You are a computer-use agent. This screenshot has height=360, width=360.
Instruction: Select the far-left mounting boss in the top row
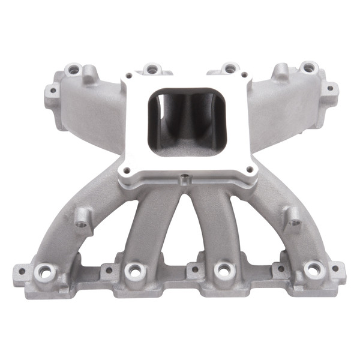pyautogui.click(x=74, y=70)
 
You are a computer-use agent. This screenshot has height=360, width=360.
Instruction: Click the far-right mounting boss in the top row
pyautogui.click(x=308, y=67)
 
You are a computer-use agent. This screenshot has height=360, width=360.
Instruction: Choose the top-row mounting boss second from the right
pyautogui.click(x=229, y=68)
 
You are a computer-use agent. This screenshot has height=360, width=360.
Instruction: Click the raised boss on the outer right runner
pyautogui.click(x=293, y=220)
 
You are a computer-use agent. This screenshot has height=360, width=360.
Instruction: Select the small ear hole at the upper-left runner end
pyautogui.click(x=52, y=92)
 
